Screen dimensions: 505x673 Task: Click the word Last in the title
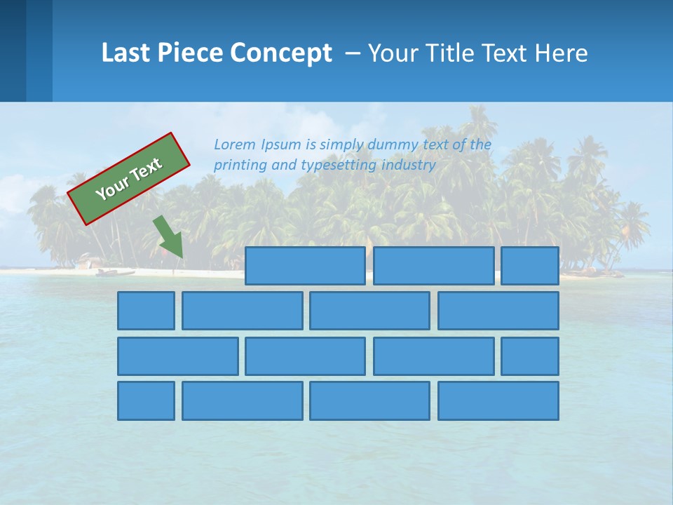click(x=124, y=53)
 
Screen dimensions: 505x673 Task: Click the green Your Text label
click(x=129, y=178)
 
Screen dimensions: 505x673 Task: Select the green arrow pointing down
click(x=169, y=236)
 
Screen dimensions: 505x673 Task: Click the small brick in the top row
click(x=529, y=266)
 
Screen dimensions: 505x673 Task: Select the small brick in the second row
click(x=146, y=311)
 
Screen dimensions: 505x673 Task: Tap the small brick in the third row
click(x=529, y=356)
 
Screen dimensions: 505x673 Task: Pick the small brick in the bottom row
click(x=146, y=401)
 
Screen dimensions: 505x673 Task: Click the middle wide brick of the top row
click(x=433, y=266)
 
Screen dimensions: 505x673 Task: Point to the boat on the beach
click(x=116, y=271)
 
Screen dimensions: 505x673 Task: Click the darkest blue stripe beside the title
click(x=13, y=50)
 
